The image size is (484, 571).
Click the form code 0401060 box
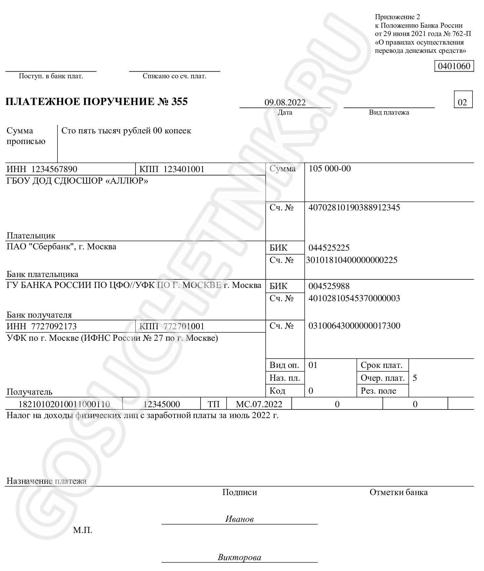(454, 66)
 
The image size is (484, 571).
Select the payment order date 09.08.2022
(285, 102)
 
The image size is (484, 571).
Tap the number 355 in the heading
(179, 101)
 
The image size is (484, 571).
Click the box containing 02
(463, 102)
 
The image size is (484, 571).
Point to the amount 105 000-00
(329, 169)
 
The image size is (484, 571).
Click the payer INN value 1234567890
(54, 169)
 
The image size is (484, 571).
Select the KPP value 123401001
(184, 169)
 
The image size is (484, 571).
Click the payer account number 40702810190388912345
(354, 208)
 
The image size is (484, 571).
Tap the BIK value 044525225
(329, 248)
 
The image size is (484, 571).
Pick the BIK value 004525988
(329, 286)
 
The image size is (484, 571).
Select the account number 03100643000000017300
(354, 326)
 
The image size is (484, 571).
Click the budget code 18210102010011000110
(64, 404)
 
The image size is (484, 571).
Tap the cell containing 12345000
(162, 404)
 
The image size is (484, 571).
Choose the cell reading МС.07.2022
(259, 404)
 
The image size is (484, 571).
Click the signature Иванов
(239, 519)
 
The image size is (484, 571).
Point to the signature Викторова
(239, 557)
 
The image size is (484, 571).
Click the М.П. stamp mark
(83, 530)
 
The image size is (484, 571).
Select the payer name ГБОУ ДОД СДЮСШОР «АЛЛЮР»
(77, 181)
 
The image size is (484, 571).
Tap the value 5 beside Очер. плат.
(415, 378)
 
